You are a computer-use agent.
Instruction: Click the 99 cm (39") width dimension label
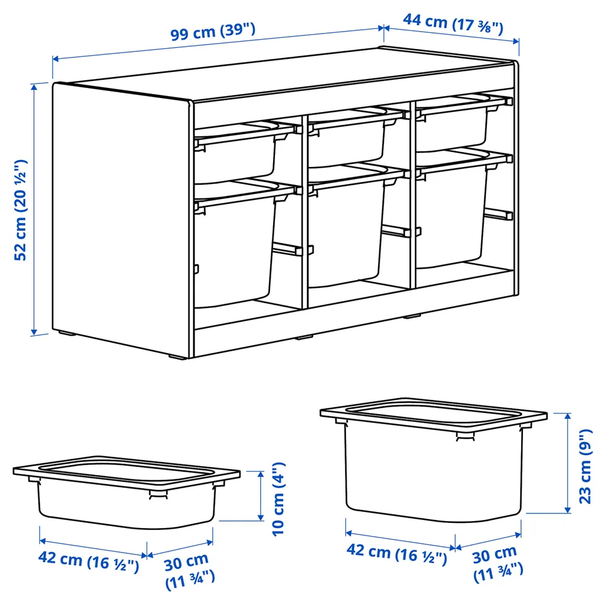point(213,32)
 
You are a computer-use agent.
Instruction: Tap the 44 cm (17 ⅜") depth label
point(453,23)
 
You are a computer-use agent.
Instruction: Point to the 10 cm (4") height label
point(278,500)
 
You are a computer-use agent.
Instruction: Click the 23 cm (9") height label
point(586,467)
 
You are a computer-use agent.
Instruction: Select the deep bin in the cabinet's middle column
point(346,228)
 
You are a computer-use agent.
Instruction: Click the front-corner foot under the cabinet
point(177,357)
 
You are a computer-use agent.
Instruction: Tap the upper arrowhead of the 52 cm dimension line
point(34,87)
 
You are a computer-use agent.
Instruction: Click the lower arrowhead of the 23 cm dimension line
point(568,510)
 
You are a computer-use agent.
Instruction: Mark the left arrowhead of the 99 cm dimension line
point(56,59)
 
